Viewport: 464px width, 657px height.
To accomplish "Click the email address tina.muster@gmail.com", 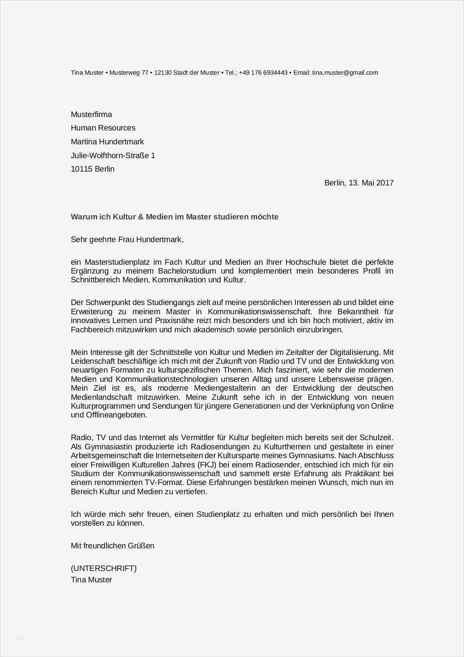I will (345, 73).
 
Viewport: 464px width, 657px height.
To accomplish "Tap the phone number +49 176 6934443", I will (263, 73).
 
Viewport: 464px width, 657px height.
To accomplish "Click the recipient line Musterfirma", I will (91, 115).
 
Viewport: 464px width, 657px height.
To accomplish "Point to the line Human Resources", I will (103, 128).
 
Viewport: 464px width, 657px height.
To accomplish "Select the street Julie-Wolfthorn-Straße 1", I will (113, 156).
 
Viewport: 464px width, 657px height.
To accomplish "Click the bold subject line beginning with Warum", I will (174, 217).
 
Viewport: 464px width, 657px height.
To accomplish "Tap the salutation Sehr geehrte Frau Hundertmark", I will (127, 240).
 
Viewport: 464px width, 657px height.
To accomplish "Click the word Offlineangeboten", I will (109, 415).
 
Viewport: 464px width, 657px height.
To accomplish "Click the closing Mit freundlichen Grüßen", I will (112, 546).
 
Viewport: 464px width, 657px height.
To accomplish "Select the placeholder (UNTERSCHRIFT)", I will (104, 568).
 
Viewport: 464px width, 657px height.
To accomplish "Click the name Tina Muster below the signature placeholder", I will (91, 580).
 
